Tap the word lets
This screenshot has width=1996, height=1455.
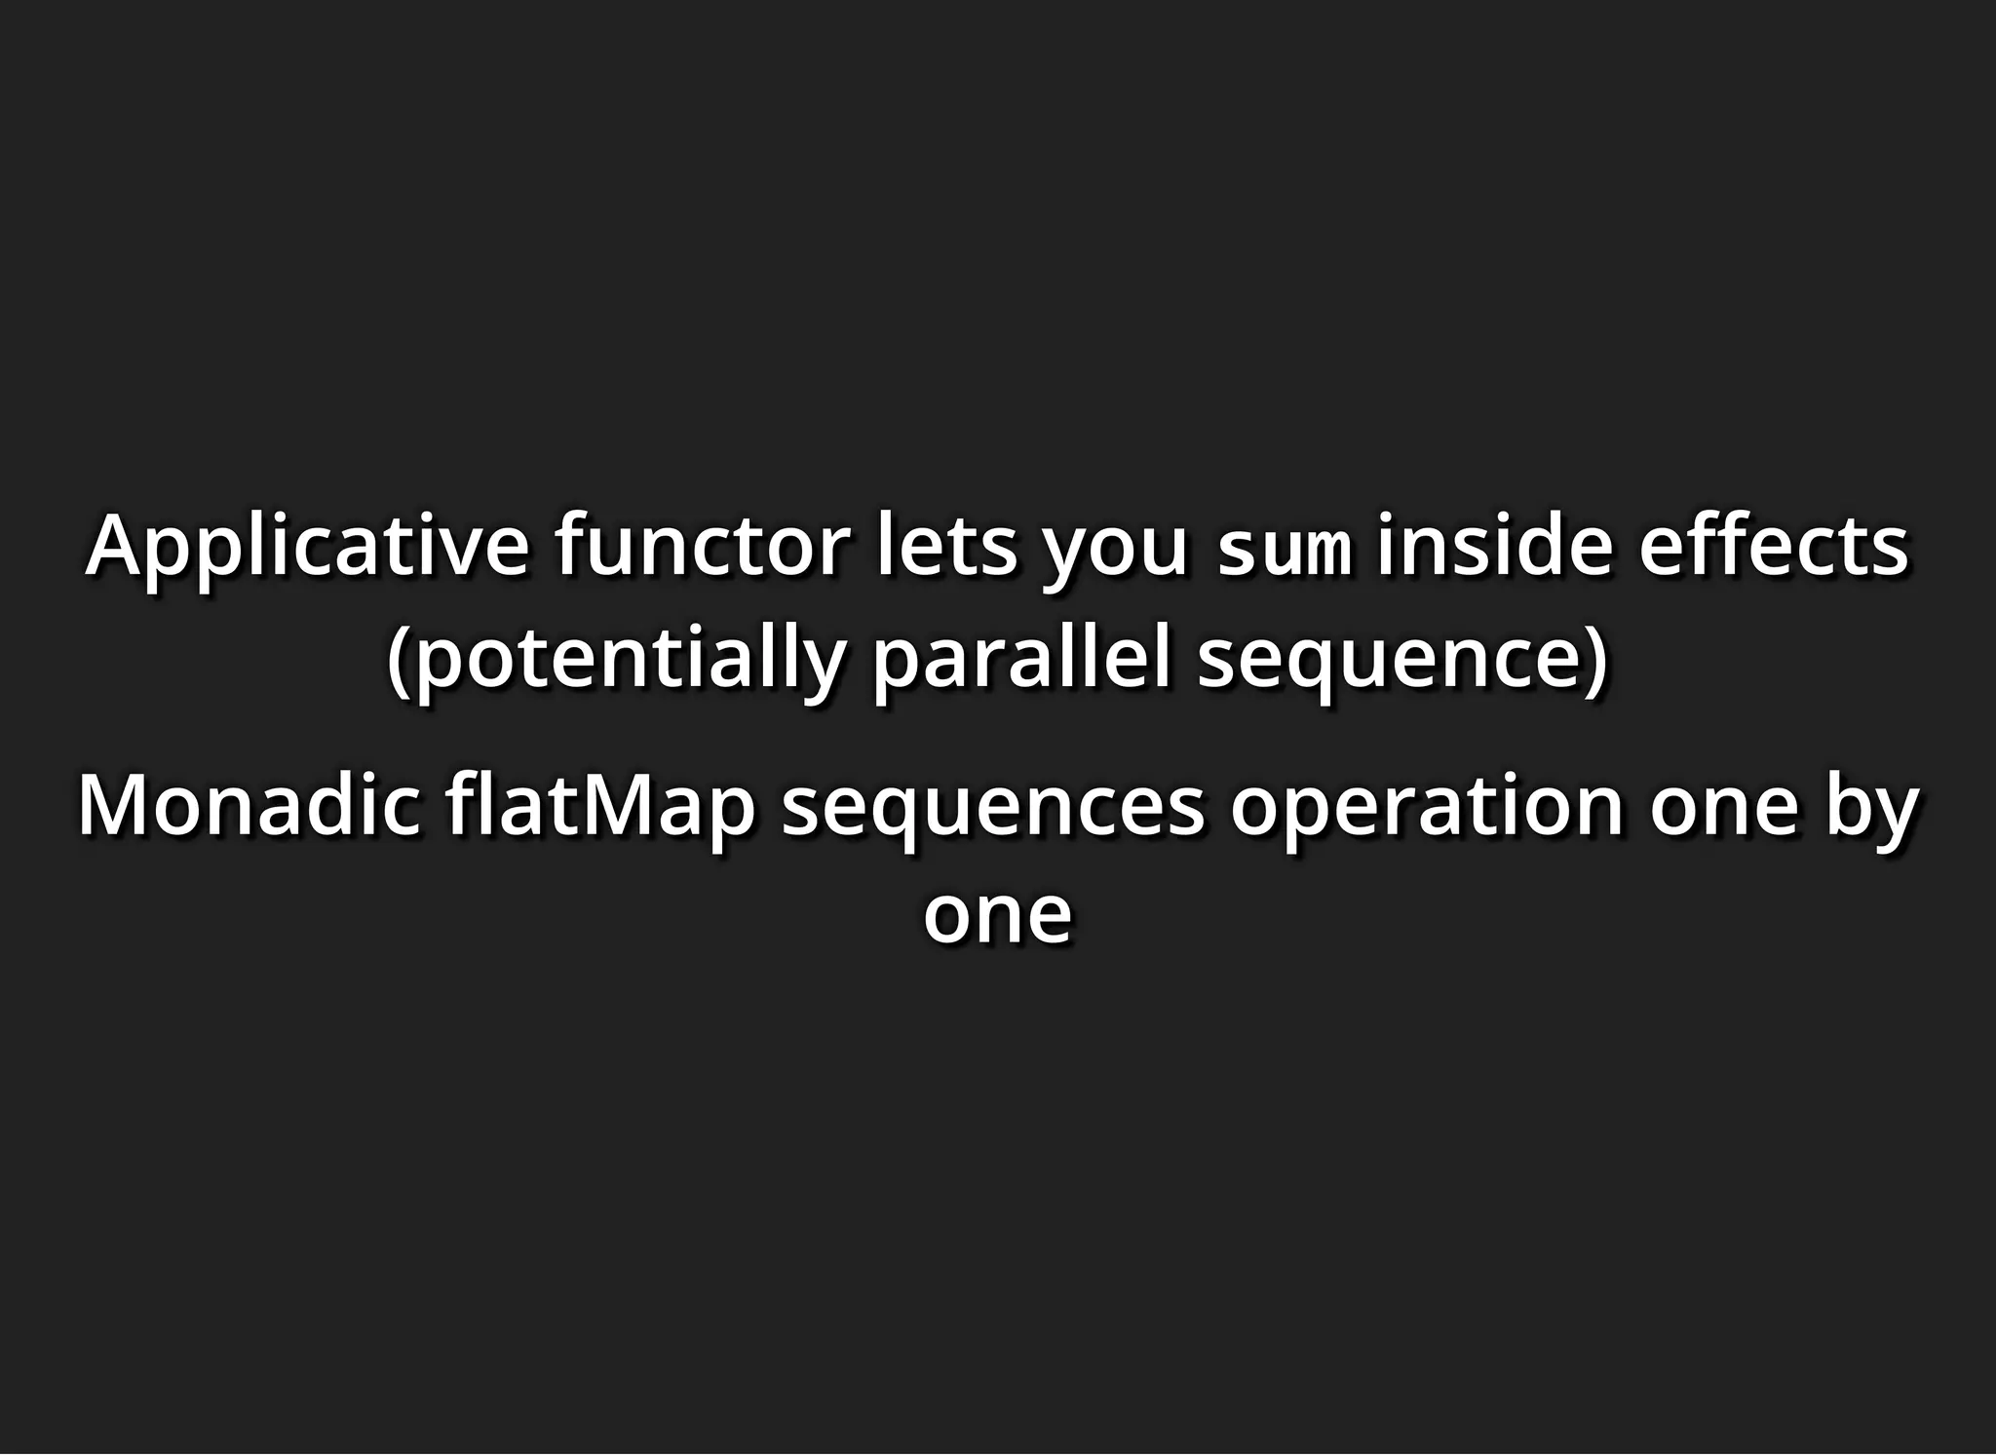point(946,546)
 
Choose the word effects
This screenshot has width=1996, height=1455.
point(1773,546)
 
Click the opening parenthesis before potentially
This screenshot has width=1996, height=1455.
point(397,661)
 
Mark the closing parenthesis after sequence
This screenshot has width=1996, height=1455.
point(1596,661)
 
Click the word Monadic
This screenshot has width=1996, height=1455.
point(249,807)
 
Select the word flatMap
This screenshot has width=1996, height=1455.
point(600,807)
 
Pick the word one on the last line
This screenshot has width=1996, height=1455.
point(997,916)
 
